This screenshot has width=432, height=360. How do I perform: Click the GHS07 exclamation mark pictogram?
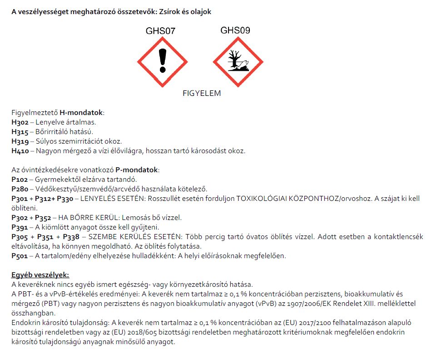pos(162,62)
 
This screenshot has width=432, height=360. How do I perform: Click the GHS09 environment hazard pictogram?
pos(238,62)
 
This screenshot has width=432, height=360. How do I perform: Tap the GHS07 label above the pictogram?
pos(160,31)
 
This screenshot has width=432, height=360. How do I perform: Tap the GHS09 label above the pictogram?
pos(235,30)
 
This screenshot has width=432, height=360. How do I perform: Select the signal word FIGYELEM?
pos(201,94)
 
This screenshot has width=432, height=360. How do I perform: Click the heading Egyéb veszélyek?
pos(40,275)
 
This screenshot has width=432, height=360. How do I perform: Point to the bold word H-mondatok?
pos(82,113)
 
